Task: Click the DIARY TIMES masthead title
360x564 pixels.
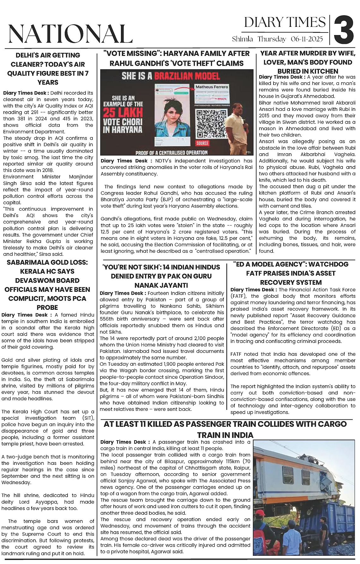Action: (285, 22)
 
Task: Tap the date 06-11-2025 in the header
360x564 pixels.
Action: (307, 39)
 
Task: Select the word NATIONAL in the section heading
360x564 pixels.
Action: (70, 33)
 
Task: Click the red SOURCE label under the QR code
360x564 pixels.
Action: (202, 143)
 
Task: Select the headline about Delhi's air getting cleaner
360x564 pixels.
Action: (48, 69)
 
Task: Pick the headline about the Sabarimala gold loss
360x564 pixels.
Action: (47, 285)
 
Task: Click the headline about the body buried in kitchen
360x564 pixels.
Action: (308, 62)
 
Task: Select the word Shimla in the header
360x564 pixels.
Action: (243, 39)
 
